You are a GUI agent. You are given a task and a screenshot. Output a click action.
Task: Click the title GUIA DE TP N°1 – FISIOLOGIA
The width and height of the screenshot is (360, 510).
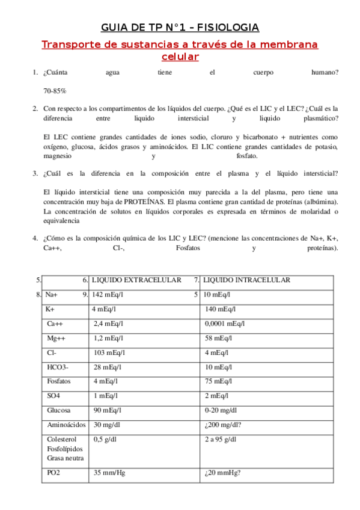180,28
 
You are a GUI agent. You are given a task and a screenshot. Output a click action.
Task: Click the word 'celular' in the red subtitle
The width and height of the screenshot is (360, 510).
180,57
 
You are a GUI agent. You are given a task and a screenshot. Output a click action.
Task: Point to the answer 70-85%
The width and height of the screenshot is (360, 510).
55,90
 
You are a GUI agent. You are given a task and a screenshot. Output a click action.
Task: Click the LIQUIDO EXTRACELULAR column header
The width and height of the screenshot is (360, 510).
136,280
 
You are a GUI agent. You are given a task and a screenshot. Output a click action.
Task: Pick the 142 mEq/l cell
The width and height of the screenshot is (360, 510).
108,295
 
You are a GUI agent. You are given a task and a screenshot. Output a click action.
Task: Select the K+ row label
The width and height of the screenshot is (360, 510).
50,309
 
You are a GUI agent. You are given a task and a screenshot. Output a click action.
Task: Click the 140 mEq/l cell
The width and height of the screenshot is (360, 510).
219,309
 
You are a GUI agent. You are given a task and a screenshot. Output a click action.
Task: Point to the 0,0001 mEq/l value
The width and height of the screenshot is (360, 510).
224,324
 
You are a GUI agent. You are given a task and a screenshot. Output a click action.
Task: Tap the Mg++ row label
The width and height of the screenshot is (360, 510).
56,338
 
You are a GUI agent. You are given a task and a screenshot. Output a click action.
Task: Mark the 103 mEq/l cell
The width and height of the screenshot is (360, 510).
108,352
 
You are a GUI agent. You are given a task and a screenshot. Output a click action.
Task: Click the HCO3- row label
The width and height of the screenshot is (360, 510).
58,367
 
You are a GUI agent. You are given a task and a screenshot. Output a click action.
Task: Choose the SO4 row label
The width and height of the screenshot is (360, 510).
53,396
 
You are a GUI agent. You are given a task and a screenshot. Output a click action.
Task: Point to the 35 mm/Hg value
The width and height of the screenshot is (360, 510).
109,473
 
